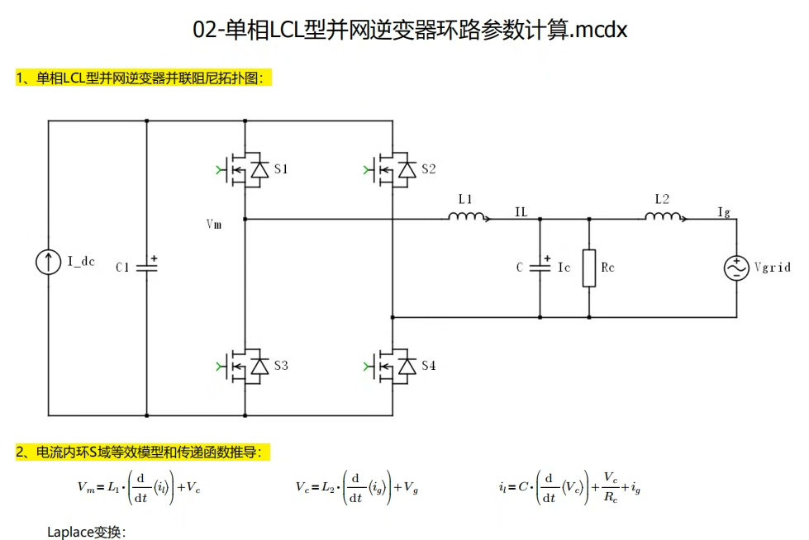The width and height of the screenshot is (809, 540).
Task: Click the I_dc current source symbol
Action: pos(48,263)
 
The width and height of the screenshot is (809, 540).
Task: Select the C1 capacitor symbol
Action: pos(146,266)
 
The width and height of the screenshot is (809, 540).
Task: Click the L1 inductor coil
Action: pos(467,217)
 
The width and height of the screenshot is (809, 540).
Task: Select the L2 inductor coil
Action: pos(664,217)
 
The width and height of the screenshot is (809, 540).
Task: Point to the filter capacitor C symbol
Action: pos(540,266)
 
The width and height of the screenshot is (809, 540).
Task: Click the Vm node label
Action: pos(214,224)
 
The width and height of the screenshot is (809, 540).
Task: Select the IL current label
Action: pos(521,212)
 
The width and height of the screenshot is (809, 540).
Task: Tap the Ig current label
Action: pos(724,212)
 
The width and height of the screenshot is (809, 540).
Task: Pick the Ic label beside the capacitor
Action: pos(564,268)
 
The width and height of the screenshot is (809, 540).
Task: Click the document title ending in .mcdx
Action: pos(411,31)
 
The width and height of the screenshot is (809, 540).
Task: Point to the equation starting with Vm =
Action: pos(140,487)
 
